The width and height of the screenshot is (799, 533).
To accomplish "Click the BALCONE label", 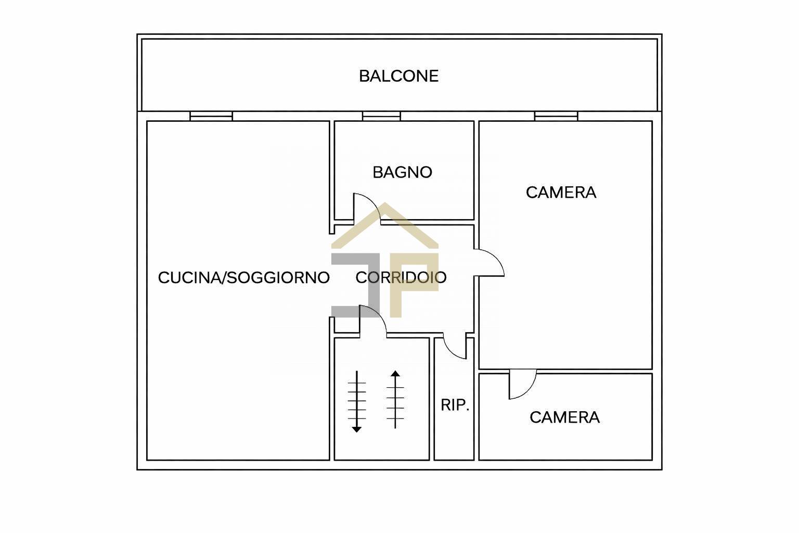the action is [398, 76].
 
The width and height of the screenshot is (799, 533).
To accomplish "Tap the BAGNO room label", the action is [402, 172].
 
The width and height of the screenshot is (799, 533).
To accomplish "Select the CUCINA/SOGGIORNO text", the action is [243, 277].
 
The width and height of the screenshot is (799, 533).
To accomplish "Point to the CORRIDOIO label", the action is [401, 277].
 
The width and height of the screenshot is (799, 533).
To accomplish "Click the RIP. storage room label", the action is [455, 405].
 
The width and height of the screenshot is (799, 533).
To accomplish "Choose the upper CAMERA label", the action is [561, 193].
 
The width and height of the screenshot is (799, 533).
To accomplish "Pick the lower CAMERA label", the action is [564, 417].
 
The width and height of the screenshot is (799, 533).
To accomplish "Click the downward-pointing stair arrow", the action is [357, 401].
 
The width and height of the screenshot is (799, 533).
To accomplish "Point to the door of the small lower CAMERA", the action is [522, 385].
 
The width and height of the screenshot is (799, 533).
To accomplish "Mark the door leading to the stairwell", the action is [372, 319].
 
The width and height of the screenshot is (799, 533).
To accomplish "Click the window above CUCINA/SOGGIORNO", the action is [211, 116].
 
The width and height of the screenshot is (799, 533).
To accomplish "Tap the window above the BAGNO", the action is [381, 116].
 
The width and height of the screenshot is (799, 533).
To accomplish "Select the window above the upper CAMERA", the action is [556, 116].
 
